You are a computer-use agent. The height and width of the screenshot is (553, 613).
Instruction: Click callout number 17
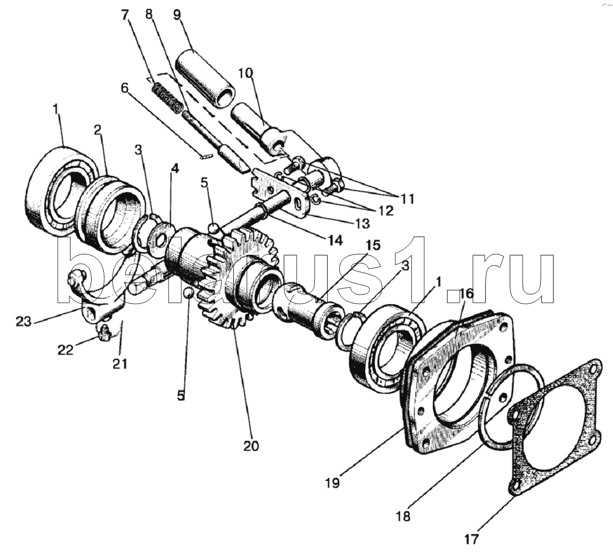pos(471,539)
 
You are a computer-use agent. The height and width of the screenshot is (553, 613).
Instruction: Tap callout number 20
pos(250,445)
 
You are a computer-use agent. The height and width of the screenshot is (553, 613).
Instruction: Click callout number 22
pos(66,349)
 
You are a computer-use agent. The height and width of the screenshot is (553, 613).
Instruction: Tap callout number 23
pos(24,321)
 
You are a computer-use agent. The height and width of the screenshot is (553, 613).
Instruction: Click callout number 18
pos(403,516)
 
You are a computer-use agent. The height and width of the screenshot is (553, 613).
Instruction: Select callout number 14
pos(335,240)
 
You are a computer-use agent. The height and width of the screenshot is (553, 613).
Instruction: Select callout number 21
pos(119,364)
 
